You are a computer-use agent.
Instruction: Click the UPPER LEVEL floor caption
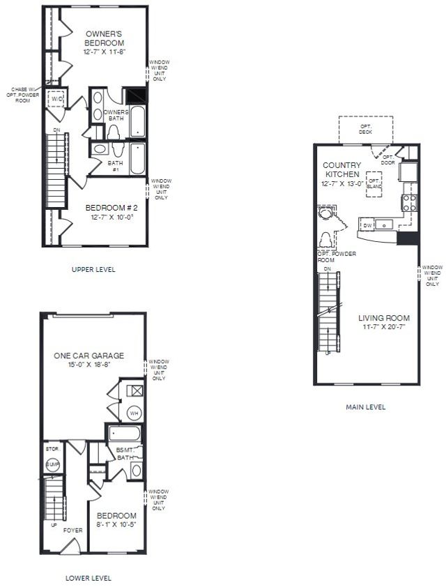click(94, 269)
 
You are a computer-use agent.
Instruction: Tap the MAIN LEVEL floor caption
click(365, 407)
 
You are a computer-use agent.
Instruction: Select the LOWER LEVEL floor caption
click(88, 577)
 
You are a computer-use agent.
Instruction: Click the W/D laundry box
click(56, 100)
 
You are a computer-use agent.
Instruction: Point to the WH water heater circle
click(133, 413)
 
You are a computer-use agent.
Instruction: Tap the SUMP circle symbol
click(52, 464)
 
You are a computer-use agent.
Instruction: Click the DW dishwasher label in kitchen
click(367, 224)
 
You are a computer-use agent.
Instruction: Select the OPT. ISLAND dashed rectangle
click(375, 183)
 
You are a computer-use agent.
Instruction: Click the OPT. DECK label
click(365, 130)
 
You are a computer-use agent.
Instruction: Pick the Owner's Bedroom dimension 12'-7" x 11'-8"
click(105, 52)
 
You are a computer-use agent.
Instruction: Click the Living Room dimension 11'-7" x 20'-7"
click(383, 327)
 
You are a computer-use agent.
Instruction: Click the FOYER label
click(73, 531)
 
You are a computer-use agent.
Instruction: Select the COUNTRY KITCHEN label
click(341, 169)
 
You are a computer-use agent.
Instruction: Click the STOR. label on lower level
click(51, 448)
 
